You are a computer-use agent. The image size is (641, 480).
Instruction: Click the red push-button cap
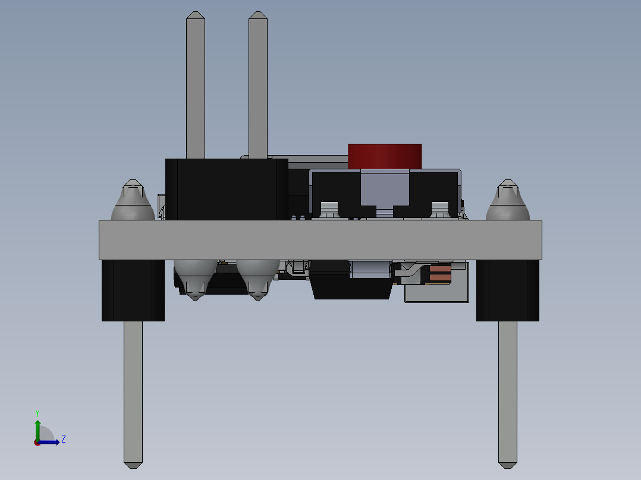pos(385,156)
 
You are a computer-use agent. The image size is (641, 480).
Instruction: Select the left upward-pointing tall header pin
pos(196,83)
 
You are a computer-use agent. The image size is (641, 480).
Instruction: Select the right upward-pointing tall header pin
pos(257,83)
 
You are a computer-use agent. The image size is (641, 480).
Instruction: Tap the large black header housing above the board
pos(226,189)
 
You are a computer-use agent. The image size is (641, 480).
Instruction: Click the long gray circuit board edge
pos(320,239)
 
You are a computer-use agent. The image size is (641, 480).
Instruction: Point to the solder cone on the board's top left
pos(133,202)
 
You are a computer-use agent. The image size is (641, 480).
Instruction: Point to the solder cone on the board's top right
pos(507,202)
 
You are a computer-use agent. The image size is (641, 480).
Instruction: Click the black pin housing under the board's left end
pos(133,290)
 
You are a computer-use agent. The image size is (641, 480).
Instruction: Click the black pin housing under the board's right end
pos(507,290)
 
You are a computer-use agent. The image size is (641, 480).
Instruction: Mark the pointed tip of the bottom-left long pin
pos(133,463)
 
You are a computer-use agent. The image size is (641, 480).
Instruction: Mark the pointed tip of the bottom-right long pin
pos(507,463)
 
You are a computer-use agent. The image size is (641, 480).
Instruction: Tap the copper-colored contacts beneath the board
pos(440,274)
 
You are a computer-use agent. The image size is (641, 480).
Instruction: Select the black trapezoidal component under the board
pos(351,288)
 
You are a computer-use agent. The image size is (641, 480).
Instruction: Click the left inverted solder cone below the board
pos(195,279)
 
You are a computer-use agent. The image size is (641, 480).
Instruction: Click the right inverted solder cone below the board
pos(257,279)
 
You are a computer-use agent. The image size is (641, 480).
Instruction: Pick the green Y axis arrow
pos(37,428)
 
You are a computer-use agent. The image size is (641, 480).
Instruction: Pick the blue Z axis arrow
pos(51,442)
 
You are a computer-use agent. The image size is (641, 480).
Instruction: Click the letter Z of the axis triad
pos(63,439)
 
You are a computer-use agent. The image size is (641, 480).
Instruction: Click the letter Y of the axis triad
pos(37,413)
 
